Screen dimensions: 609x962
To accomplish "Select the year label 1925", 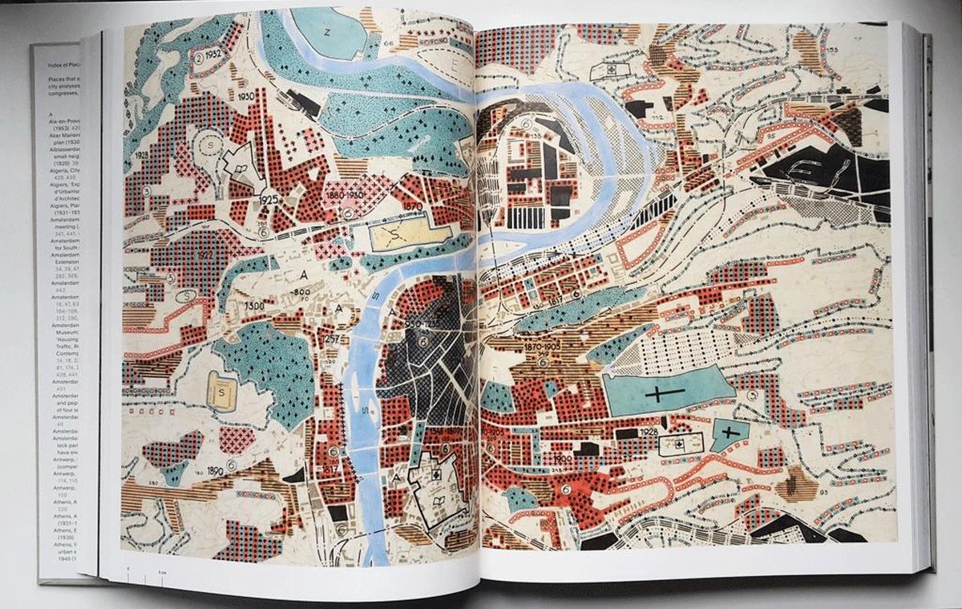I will [270, 197].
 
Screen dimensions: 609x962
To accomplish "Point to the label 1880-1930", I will [346, 195].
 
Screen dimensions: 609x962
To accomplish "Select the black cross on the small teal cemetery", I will [728, 432].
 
